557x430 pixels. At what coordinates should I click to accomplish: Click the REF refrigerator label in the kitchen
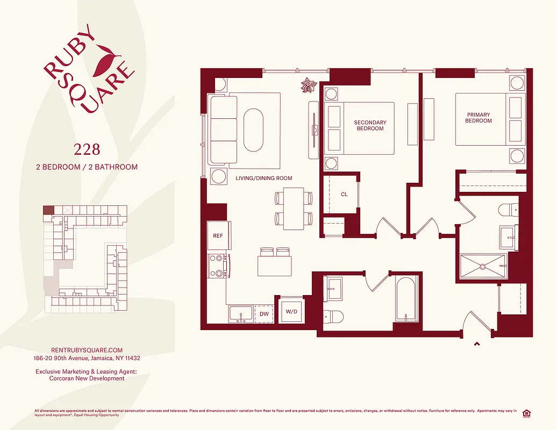(218, 236)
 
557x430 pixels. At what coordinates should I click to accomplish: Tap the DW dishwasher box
(264, 314)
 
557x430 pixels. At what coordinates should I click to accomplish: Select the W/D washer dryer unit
(291, 311)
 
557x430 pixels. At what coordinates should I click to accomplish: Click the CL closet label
(344, 194)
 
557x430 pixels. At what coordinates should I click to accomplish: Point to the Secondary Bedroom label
(370, 125)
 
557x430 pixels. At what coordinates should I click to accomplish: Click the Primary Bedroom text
(479, 118)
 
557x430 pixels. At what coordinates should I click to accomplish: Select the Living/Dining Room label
(263, 178)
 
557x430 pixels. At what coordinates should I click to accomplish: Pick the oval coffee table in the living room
(254, 130)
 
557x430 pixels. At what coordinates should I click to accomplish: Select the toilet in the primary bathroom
(508, 210)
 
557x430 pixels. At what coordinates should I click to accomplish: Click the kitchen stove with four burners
(218, 266)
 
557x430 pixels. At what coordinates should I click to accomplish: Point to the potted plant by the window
(309, 86)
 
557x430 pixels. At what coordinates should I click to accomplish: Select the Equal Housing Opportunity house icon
(526, 413)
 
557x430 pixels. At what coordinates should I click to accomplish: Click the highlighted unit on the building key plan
(48, 210)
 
